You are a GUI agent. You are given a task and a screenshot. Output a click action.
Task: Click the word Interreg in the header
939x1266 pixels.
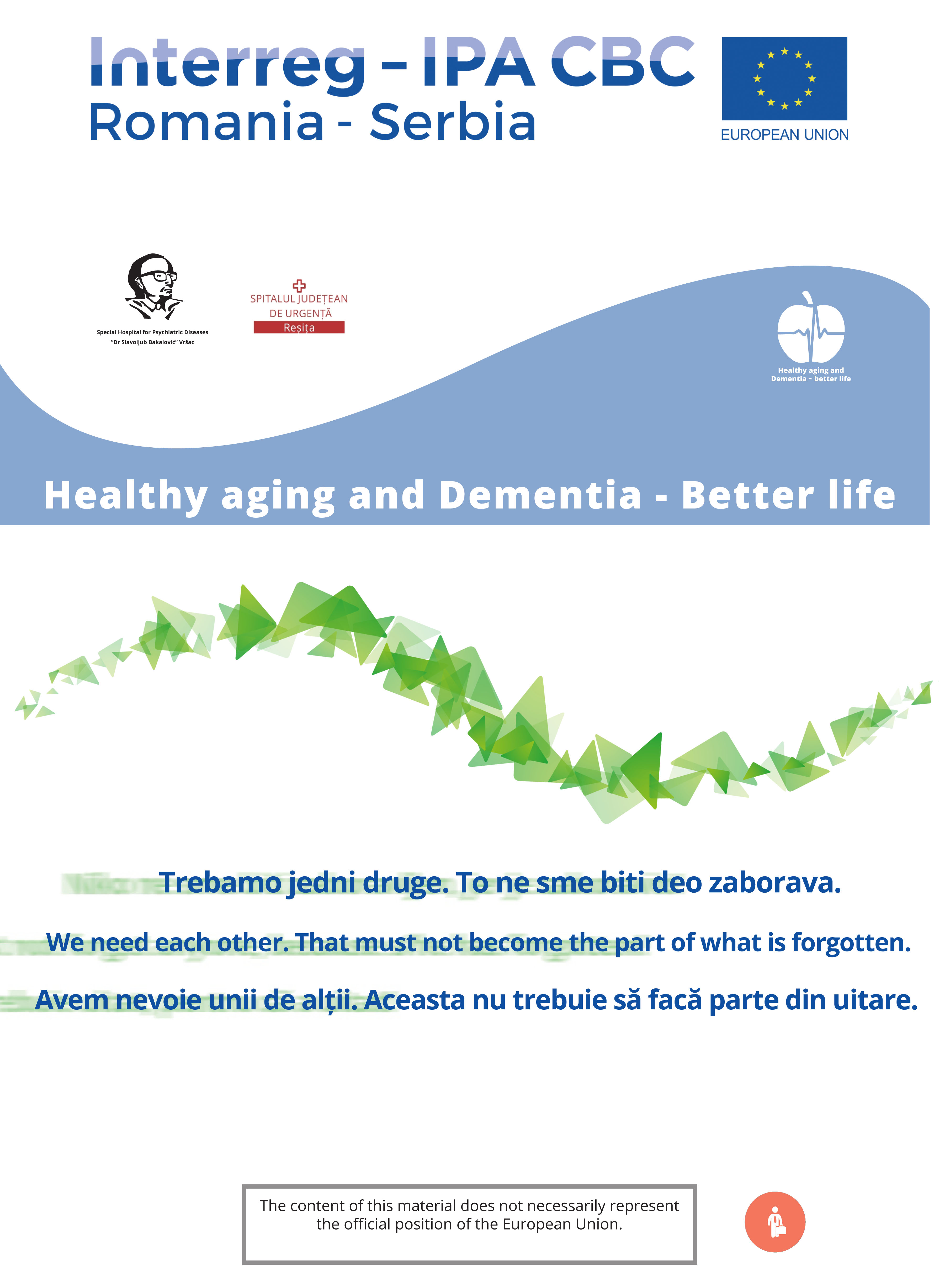227,62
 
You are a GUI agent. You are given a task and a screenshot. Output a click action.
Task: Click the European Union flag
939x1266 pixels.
784,78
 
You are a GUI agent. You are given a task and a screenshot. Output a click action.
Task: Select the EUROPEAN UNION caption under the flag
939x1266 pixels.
784,135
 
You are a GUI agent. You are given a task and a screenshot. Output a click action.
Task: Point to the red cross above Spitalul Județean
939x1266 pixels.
299,285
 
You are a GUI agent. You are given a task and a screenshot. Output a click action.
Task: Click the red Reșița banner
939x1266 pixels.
299,327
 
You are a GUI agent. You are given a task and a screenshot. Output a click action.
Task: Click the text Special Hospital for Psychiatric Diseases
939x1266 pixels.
152,332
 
